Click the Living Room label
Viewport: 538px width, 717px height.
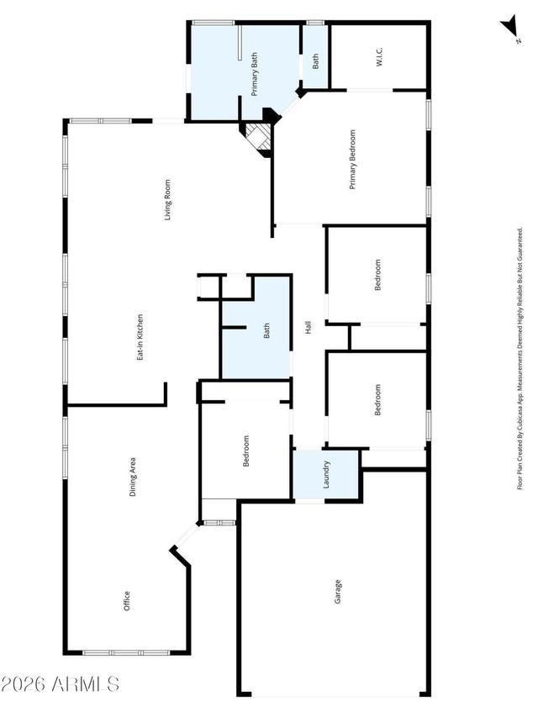(168, 200)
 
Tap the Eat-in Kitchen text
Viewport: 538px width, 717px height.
(140, 337)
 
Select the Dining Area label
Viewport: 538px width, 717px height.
(133, 478)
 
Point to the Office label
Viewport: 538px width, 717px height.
(127, 601)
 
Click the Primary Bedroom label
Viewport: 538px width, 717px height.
(353, 160)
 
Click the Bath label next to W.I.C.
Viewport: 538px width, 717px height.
(316, 61)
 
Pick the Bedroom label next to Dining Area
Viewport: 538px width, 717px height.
(246, 451)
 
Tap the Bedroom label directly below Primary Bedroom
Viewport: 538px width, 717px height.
(378, 275)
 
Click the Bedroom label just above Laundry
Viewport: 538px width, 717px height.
(378, 400)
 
